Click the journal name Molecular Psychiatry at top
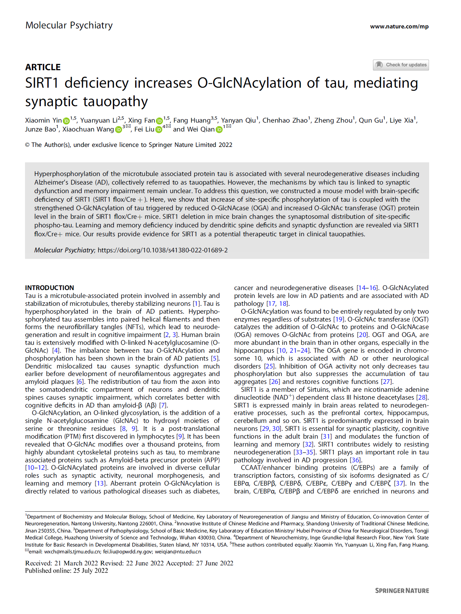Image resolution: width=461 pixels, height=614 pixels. [x=69, y=25]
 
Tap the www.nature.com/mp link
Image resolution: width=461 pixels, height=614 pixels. [x=399, y=26]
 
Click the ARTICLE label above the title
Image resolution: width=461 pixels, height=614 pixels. [x=43, y=67]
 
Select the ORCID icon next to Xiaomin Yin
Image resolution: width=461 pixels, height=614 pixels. [x=66, y=121]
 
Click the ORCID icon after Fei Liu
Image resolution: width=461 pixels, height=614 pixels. [x=159, y=129]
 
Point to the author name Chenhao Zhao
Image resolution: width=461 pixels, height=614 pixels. [x=285, y=120]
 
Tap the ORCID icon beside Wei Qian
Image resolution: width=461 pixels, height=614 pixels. [x=219, y=129]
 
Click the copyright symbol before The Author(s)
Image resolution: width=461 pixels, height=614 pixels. [x=27, y=145]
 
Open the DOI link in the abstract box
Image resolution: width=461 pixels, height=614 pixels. [x=162, y=250]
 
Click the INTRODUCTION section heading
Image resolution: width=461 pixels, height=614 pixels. [x=49, y=288]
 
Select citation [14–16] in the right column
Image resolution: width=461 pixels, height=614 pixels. [x=367, y=288]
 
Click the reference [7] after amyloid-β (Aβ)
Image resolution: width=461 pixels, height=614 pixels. [x=163, y=405]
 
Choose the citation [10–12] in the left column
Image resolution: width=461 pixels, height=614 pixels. [x=36, y=468]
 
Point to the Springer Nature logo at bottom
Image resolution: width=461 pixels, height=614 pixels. [x=402, y=591]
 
